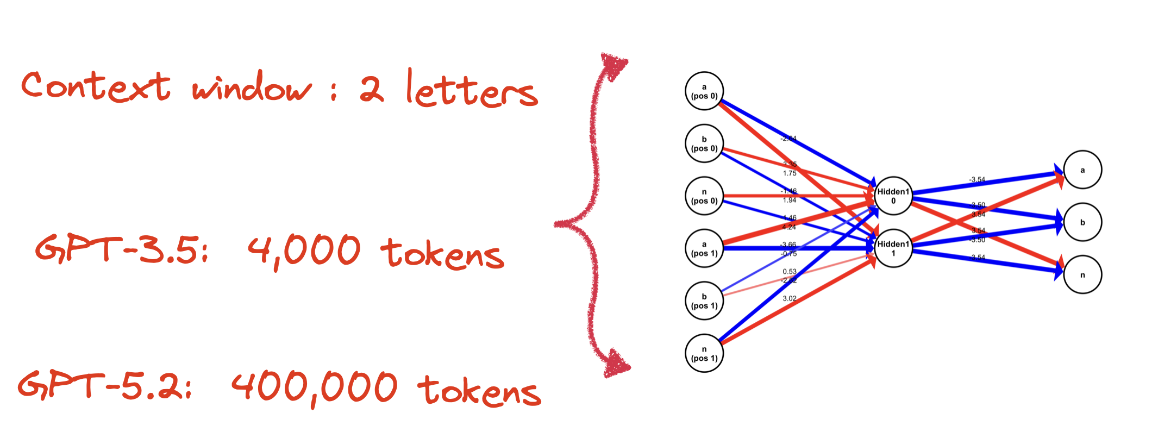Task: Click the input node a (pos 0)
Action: click(x=704, y=91)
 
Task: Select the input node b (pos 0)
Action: click(x=704, y=143)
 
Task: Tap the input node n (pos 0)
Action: click(x=704, y=196)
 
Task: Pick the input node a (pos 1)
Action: click(x=704, y=248)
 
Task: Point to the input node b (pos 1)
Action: click(x=704, y=301)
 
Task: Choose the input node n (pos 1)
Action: click(x=704, y=353)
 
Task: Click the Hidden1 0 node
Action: click(x=893, y=196)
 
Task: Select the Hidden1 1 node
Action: click(x=893, y=248)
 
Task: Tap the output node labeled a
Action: click(x=1082, y=170)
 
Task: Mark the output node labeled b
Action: click(x=1082, y=222)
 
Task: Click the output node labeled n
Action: click(x=1082, y=275)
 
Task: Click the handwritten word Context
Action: click(x=96, y=87)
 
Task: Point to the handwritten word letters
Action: click(x=472, y=90)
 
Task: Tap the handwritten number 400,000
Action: click(x=315, y=388)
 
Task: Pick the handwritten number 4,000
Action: click(x=304, y=252)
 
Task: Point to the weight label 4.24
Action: click(x=789, y=227)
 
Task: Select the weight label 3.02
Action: click(x=790, y=298)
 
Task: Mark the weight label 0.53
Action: click(x=790, y=271)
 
